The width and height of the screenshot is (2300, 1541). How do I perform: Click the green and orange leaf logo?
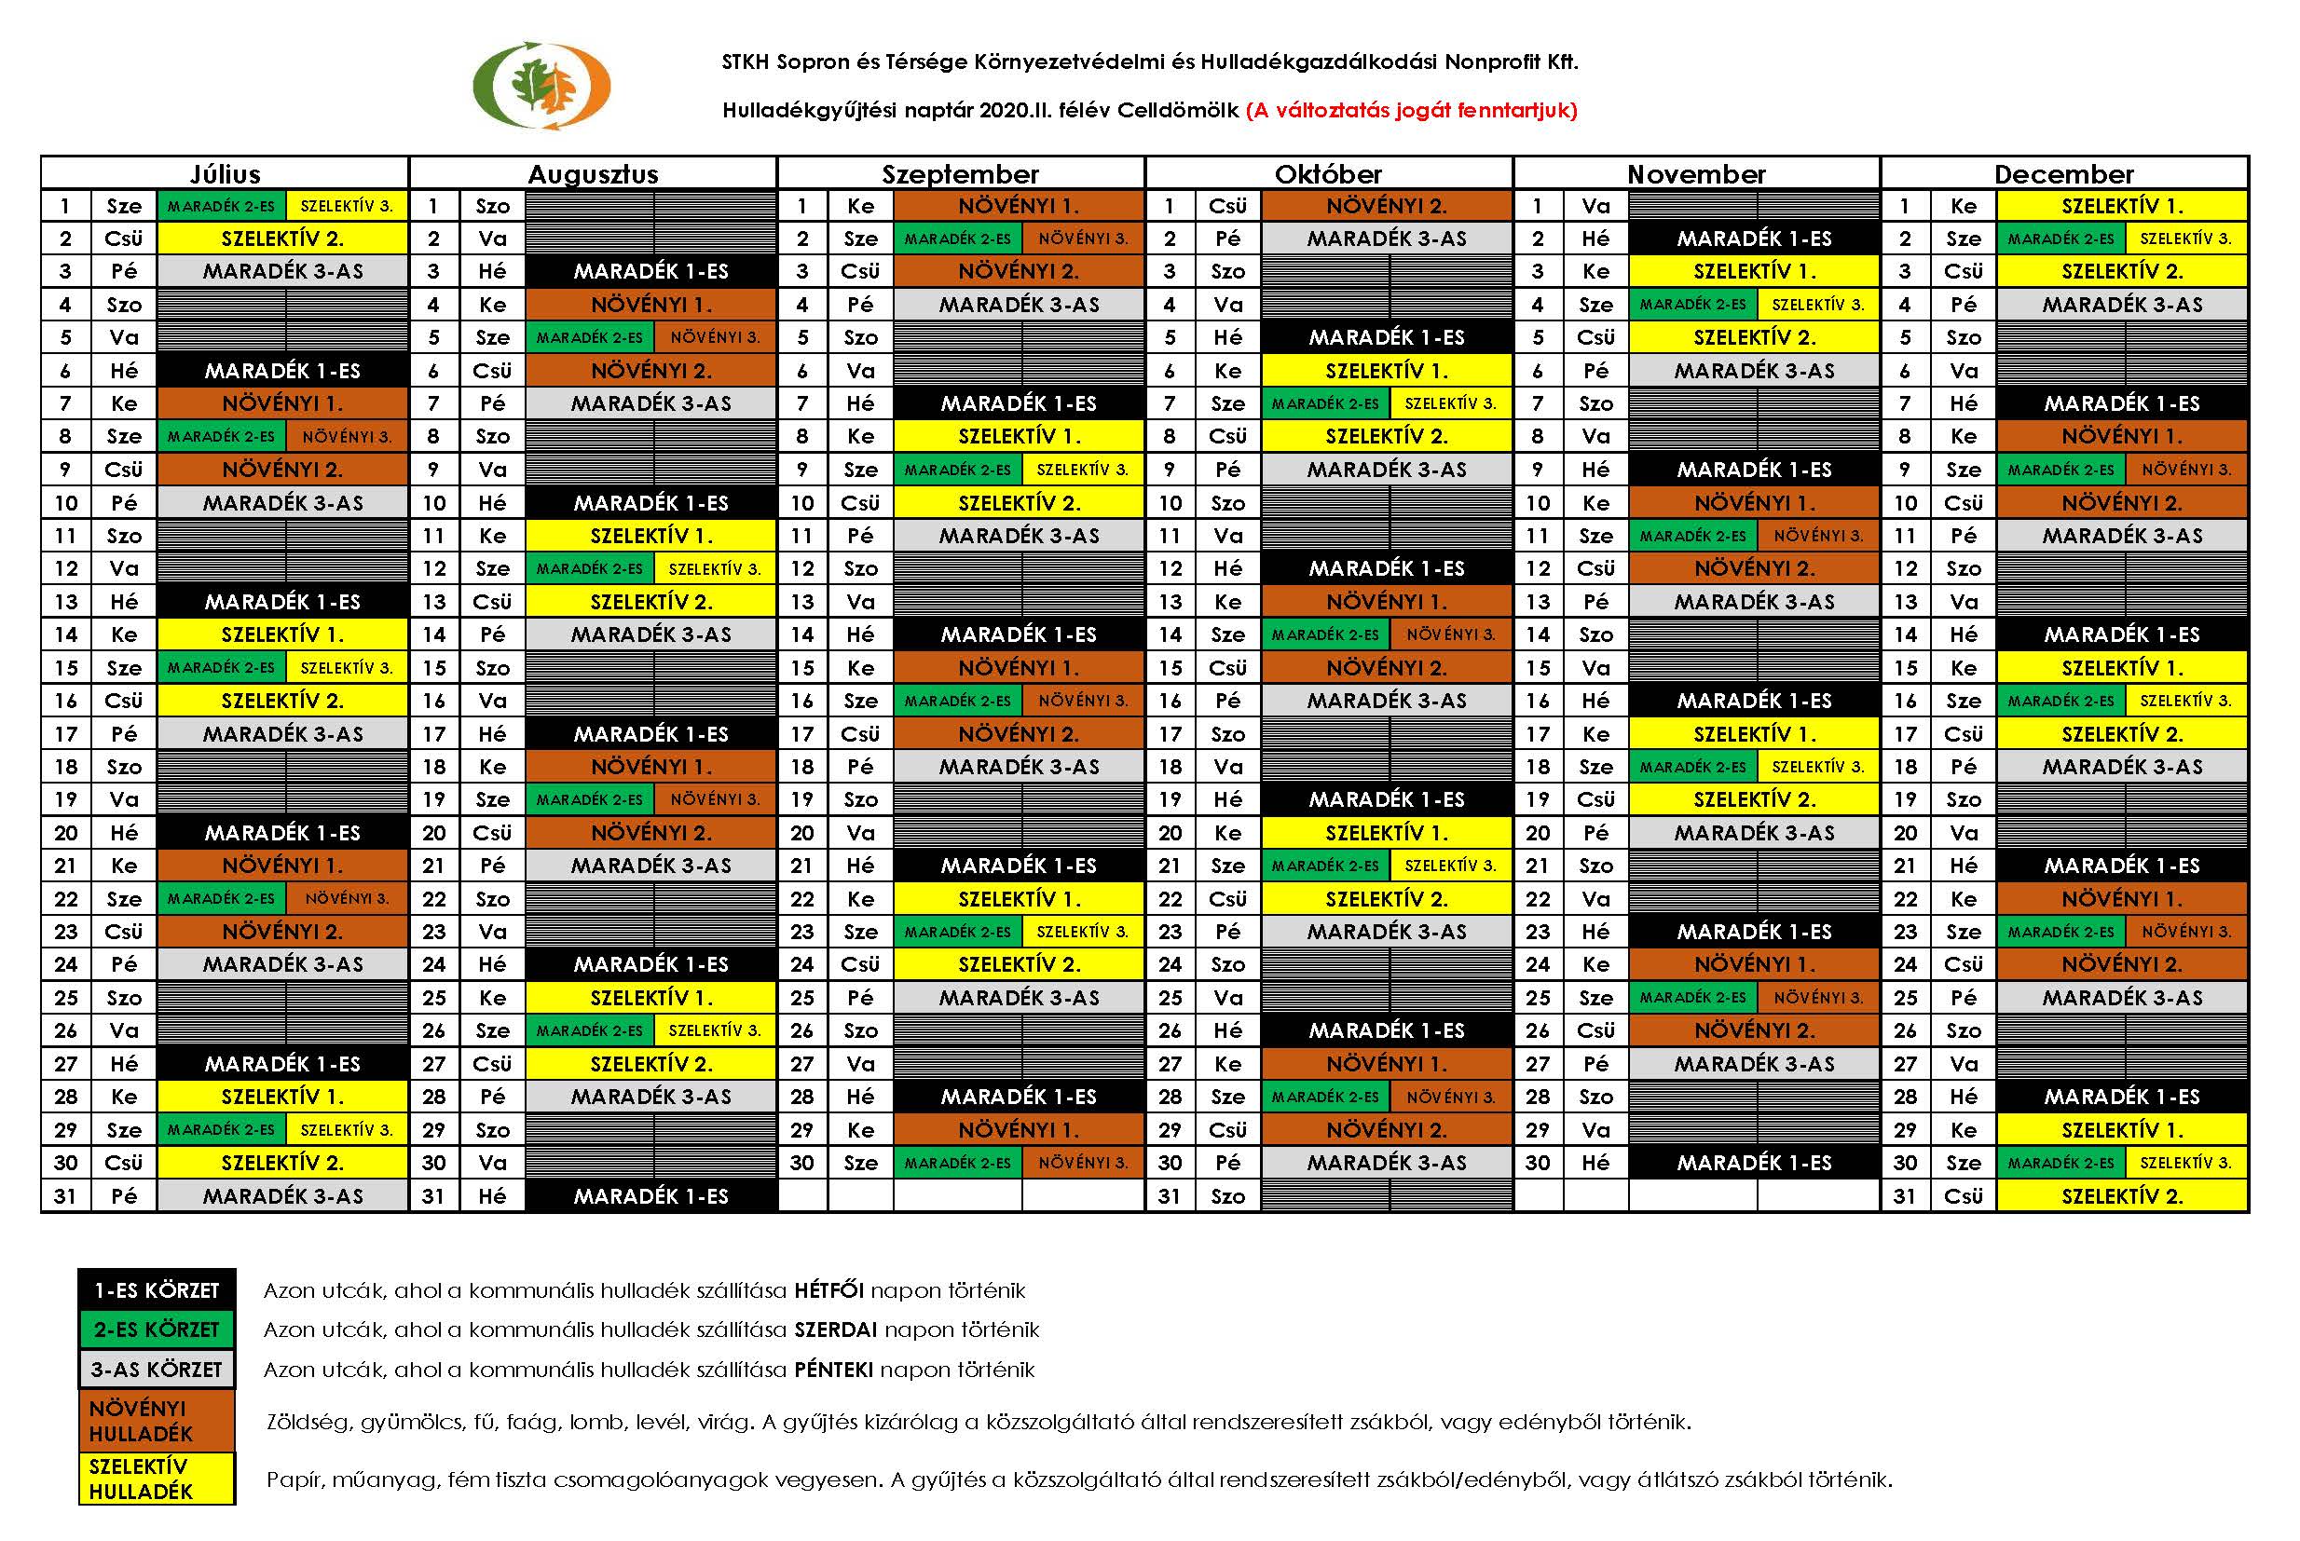tap(541, 86)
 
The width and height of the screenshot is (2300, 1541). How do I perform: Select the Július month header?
tap(226, 174)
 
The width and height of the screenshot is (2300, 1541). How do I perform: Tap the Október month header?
tap(1328, 174)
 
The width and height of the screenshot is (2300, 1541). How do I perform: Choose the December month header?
tap(2064, 174)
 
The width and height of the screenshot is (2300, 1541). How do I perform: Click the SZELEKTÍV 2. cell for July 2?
tap(282, 239)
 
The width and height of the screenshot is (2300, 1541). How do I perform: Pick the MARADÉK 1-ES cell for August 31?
tap(650, 1196)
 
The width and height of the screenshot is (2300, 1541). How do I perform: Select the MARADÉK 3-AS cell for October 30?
tap(1386, 1163)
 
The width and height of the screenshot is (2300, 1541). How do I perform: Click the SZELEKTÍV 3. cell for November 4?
tap(1817, 305)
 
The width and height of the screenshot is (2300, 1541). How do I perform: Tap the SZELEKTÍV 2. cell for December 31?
tap(2122, 1196)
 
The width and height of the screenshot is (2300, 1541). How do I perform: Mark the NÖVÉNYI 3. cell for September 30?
tap(1083, 1163)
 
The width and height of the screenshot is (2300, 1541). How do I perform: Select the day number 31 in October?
tap(1170, 1196)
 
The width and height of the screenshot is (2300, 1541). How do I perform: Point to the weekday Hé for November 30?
tap(1595, 1163)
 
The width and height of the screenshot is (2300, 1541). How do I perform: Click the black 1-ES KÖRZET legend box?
tap(157, 1290)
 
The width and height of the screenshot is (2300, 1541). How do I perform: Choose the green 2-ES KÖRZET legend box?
tap(157, 1330)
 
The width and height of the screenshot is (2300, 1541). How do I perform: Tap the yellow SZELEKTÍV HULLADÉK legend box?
tap(157, 1478)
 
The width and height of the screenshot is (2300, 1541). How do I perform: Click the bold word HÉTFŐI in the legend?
tap(828, 1290)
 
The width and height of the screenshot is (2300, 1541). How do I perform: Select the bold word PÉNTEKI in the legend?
tap(833, 1369)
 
